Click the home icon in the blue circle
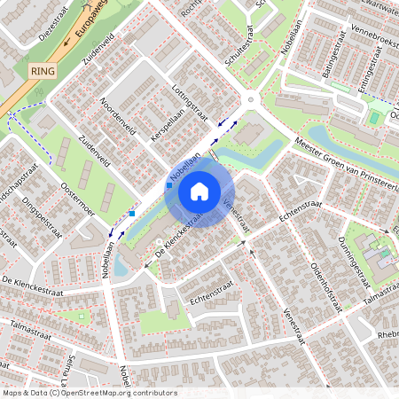tap(199, 190)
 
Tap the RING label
tap(41, 70)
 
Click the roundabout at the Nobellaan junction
tap(250, 99)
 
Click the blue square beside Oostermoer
tap(132, 213)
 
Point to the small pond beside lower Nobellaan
tap(121, 265)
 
